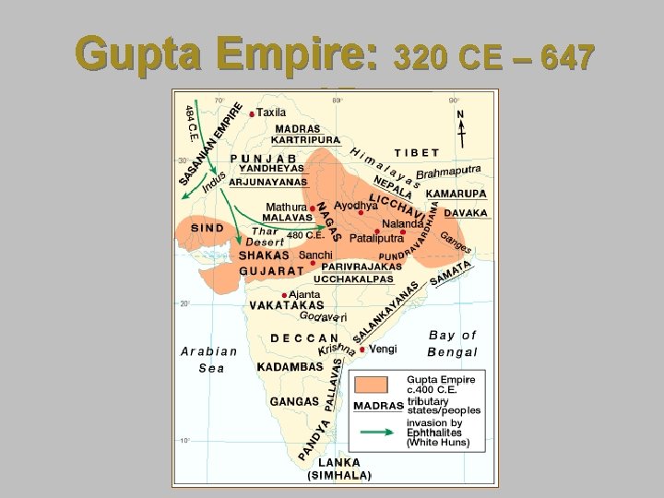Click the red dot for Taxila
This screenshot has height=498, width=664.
(x=251, y=114)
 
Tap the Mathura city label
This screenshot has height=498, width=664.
(x=287, y=207)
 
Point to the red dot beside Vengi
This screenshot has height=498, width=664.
(x=362, y=350)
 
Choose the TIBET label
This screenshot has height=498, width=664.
(x=417, y=153)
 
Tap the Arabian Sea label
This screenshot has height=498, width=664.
(x=209, y=360)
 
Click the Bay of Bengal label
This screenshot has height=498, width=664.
(x=453, y=344)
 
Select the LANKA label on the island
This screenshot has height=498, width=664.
(x=339, y=463)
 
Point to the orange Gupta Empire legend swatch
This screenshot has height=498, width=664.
(x=380, y=385)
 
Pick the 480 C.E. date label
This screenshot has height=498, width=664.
(x=305, y=235)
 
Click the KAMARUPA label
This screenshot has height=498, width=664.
(x=455, y=195)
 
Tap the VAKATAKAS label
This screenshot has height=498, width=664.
(x=287, y=305)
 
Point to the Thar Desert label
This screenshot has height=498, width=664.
(x=265, y=236)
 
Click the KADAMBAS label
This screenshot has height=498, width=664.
(x=290, y=367)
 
